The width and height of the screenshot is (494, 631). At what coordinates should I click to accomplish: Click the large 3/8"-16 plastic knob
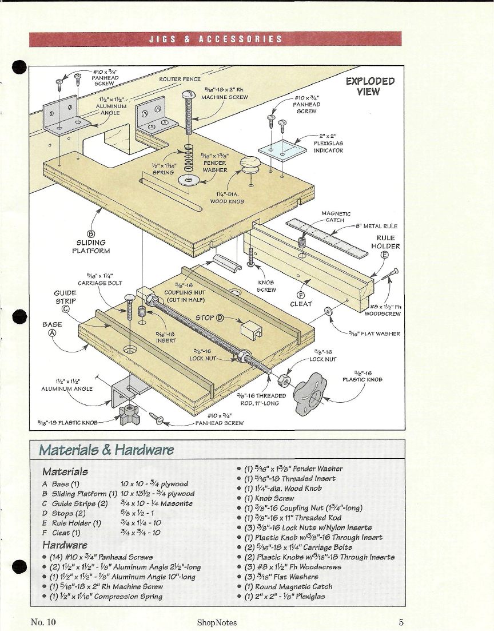(309, 394)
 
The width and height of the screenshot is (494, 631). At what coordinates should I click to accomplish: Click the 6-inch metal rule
(326, 237)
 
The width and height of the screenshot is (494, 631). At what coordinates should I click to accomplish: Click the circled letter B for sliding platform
(91, 234)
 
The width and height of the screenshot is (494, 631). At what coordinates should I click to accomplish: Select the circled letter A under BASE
(52, 332)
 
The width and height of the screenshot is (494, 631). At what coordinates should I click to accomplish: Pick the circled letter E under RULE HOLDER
(385, 255)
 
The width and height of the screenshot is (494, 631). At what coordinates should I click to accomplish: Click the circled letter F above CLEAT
(300, 295)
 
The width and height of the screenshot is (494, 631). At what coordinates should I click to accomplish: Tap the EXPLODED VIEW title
(370, 86)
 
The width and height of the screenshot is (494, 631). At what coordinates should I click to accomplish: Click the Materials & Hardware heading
(106, 450)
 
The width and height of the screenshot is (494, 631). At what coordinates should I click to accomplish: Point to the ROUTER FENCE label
(180, 80)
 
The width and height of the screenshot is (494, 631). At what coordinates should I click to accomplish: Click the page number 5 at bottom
(401, 622)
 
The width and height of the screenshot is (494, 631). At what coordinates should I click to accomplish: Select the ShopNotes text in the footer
(217, 622)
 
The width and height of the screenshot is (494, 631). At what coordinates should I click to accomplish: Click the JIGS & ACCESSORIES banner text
(216, 39)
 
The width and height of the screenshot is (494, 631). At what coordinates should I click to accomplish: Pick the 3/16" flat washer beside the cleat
(328, 311)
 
